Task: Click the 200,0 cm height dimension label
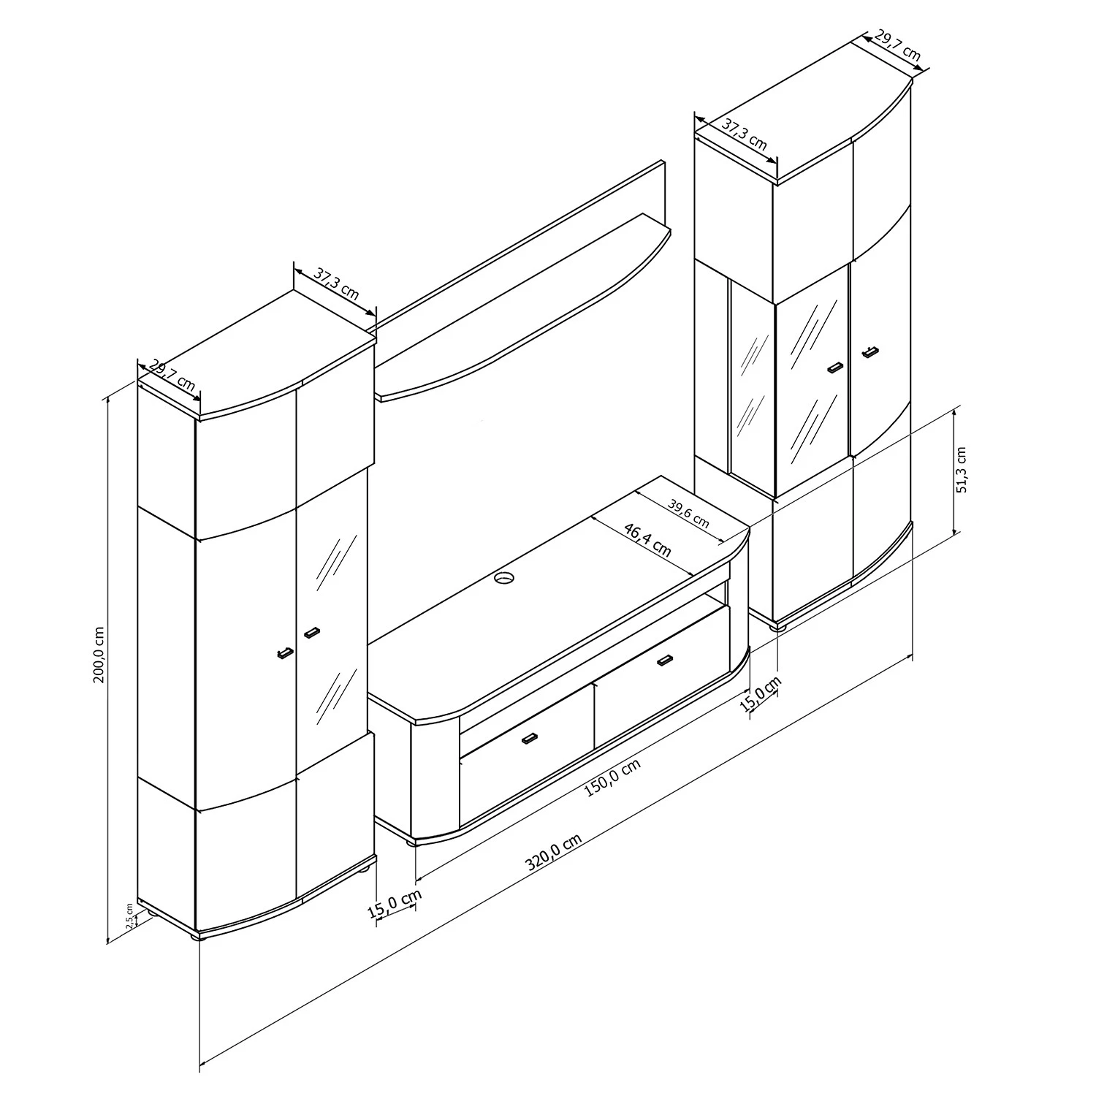click(99, 655)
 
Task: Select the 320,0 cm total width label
click(553, 853)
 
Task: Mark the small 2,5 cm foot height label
click(130, 916)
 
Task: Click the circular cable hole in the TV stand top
click(503, 579)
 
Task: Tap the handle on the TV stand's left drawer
click(529, 739)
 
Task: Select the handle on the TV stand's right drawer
click(664, 661)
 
